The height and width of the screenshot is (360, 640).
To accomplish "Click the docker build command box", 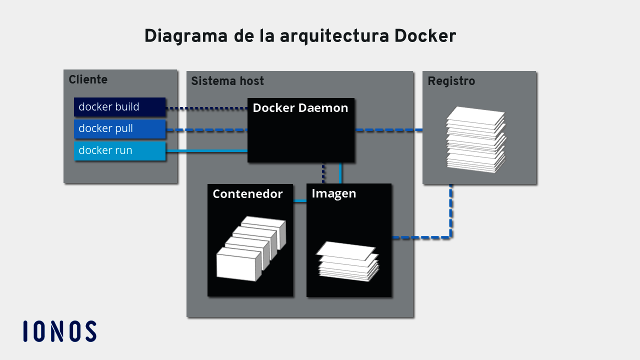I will (x=119, y=107).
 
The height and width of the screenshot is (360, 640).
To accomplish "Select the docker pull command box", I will (x=119, y=128).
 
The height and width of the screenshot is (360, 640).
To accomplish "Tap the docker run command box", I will (x=119, y=150).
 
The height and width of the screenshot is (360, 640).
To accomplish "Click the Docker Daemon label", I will (x=300, y=108).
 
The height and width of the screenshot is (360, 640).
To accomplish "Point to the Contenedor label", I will (x=247, y=194).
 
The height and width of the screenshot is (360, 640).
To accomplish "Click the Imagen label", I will (x=333, y=193).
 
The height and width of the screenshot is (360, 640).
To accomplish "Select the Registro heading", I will (x=451, y=81).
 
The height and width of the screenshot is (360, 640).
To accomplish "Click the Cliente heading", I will (x=88, y=79).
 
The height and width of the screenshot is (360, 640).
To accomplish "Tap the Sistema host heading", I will (x=227, y=81).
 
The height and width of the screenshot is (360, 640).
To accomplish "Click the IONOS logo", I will (x=60, y=331).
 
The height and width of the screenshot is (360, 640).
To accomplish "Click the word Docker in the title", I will (x=425, y=36).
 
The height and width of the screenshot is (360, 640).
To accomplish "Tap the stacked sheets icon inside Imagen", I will (x=348, y=261).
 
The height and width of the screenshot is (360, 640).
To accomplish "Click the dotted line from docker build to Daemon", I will (x=206, y=108).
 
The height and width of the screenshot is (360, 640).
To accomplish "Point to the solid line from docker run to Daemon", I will (x=206, y=150).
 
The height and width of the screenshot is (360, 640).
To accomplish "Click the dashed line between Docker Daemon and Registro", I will (x=388, y=130).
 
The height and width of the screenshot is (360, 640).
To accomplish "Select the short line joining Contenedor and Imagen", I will (x=299, y=201).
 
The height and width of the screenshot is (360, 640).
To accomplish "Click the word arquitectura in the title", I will (x=334, y=36).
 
